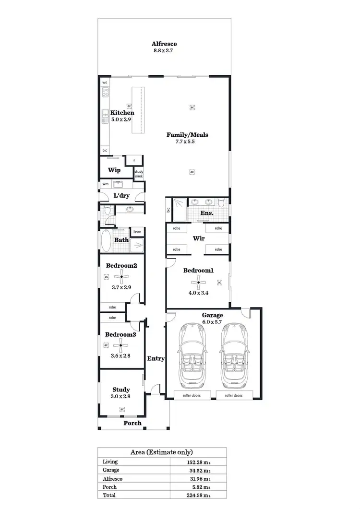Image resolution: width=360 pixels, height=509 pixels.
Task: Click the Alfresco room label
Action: pyautogui.click(x=165, y=43)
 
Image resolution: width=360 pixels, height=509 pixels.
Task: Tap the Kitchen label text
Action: pyautogui.click(x=122, y=113)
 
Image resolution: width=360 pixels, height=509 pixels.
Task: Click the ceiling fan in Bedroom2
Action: pyautogui.click(x=121, y=277)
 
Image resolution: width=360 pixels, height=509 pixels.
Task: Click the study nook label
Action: pyautogui.click(x=139, y=174)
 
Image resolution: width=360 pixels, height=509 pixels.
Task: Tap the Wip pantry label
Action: pyautogui.click(x=114, y=170)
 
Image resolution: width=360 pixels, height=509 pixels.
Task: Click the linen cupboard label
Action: pyautogui.click(x=137, y=232)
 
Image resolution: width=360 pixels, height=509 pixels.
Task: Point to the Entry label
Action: pyautogui.click(x=156, y=358)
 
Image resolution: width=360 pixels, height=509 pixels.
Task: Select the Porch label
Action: pyautogui.click(x=132, y=423)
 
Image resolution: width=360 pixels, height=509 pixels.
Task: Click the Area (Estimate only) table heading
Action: pyautogui.click(x=162, y=452)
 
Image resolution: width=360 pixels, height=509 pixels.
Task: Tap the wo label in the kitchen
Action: pyautogui.click(x=105, y=83)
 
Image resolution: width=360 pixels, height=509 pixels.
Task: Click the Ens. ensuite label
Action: pyautogui.click(x=207, y=213)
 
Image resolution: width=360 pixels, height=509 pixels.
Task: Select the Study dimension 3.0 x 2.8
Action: pyautogui.click(x=121, y=396)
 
